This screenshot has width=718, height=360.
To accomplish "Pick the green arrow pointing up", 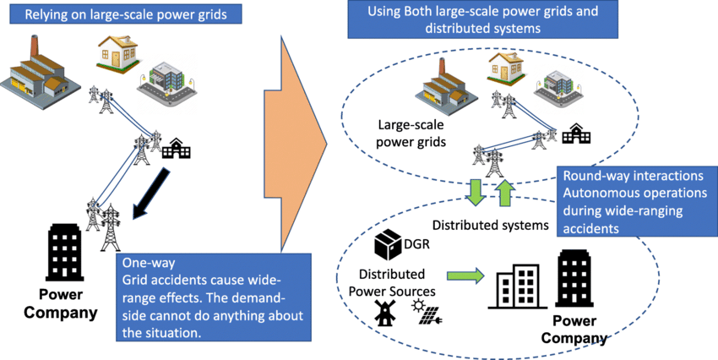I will point(504,192).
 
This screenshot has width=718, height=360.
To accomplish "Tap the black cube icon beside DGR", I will point(386,244).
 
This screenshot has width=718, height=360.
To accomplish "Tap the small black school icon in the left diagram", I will point(177,148).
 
